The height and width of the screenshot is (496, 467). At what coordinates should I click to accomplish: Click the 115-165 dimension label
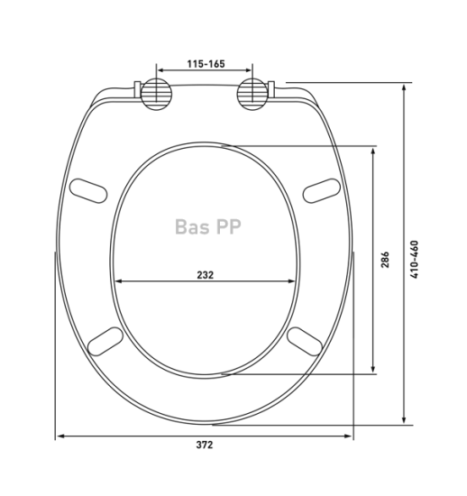point(206,65)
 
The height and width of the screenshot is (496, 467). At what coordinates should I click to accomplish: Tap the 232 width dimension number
point(206,275)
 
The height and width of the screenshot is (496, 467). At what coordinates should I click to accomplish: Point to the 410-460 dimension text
point(415,259)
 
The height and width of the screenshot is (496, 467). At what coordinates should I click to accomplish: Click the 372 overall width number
point(205,445)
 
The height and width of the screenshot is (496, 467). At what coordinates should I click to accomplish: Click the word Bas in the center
point(192,227)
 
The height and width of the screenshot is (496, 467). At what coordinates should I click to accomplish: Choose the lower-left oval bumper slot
point(106,341)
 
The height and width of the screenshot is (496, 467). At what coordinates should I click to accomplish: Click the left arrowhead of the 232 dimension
point(119,281)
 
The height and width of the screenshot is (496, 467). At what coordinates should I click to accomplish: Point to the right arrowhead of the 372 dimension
point(350,436)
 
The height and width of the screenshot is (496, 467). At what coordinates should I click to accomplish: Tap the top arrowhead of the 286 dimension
point(375,150)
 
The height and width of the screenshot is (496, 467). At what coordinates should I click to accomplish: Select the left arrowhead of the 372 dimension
point(60,436)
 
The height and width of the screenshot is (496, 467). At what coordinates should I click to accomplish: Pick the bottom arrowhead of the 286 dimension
point(375,371)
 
